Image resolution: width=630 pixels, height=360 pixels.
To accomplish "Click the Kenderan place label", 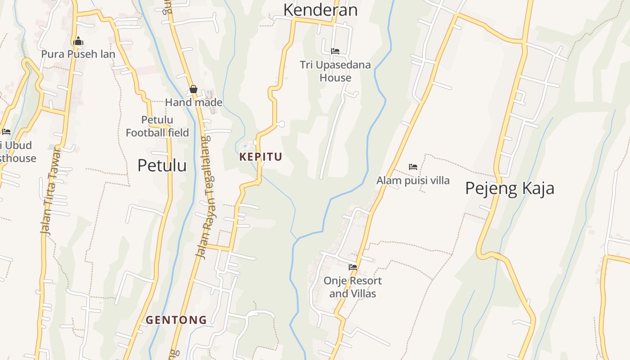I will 320,9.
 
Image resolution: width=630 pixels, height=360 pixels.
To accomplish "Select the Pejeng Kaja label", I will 509,188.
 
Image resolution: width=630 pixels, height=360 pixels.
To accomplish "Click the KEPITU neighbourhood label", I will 261,157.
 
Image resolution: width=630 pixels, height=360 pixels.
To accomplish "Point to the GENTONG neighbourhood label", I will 176,320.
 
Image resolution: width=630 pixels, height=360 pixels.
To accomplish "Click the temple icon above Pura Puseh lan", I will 78,41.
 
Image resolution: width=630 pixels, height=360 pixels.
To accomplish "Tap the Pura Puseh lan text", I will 78,54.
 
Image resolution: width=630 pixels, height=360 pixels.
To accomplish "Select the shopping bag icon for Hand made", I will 193,89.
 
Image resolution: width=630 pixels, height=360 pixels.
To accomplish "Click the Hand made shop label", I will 193,102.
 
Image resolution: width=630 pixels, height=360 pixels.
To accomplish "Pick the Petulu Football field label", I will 157,126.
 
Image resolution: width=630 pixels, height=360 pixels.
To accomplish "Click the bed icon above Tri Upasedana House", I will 335,51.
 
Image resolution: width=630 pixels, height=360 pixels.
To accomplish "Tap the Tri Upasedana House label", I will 335,71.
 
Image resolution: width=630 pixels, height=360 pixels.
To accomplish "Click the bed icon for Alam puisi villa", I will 413,167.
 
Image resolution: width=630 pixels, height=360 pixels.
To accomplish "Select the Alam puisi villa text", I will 413,180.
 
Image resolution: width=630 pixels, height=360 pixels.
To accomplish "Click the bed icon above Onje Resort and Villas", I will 353,267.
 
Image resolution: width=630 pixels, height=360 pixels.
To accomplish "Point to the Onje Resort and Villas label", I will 352,287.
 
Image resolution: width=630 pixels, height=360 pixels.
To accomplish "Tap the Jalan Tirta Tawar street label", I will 50,191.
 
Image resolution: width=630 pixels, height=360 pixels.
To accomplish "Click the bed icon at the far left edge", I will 6,132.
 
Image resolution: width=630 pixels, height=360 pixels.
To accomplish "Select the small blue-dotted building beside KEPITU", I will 246,146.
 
